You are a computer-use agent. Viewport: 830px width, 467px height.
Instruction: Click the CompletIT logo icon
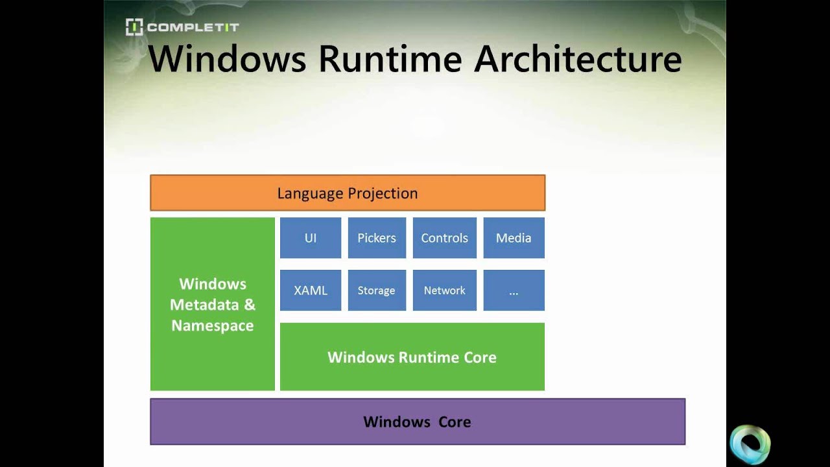134,27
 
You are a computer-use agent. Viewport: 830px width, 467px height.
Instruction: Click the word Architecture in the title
578,59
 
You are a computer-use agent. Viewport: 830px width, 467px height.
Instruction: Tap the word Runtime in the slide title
390,59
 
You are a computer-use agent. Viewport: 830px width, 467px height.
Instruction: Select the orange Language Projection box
348,193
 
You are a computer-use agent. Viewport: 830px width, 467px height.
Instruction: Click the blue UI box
311,238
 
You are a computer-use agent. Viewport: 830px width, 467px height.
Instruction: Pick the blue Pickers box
377,238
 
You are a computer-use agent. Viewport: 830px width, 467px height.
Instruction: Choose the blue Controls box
444,238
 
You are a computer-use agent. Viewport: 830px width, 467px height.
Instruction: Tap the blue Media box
514,238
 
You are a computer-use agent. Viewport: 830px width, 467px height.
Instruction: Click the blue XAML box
311,291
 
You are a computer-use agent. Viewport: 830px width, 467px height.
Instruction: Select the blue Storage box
377,291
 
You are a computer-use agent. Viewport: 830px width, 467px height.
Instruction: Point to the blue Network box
444,291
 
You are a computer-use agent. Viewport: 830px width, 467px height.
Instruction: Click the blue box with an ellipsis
514,291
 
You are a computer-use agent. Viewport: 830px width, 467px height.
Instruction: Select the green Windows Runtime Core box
412,357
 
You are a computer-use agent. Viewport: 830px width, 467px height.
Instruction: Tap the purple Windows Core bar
417,422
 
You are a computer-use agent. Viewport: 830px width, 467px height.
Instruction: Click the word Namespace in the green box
213,326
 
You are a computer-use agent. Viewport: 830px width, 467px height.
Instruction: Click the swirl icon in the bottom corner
750,445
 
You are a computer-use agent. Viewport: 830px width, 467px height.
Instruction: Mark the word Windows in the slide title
227,59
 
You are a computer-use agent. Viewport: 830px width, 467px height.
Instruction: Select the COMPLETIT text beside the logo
193,27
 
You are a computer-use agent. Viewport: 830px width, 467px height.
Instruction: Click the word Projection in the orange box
383,193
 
